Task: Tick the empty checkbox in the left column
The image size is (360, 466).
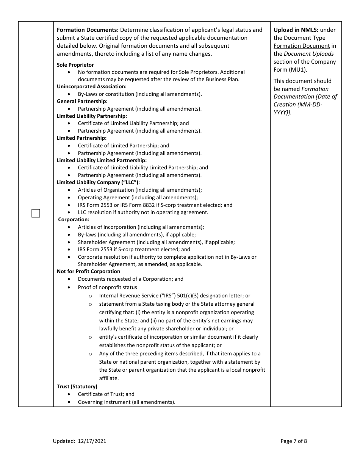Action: tap(36, 213)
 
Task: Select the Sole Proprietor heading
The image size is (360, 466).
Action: tap(75, 65)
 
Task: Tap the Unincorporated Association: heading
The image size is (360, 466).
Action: tap(92, 87)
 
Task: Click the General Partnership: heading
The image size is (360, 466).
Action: tap(82, 102)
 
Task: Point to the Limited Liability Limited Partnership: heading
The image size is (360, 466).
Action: tap(102, 161)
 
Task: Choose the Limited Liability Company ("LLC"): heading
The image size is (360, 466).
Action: tap(98, 183)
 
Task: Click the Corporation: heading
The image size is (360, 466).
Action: tap(74, 220)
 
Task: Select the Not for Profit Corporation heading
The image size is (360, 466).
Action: tap(88, 272)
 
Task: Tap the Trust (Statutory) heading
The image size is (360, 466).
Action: tap(77, 387)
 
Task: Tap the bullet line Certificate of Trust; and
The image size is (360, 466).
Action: tap(106, 394)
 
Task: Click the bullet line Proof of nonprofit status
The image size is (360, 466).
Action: tap(108, 288)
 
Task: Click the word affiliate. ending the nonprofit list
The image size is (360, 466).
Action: tap(109, 378)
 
